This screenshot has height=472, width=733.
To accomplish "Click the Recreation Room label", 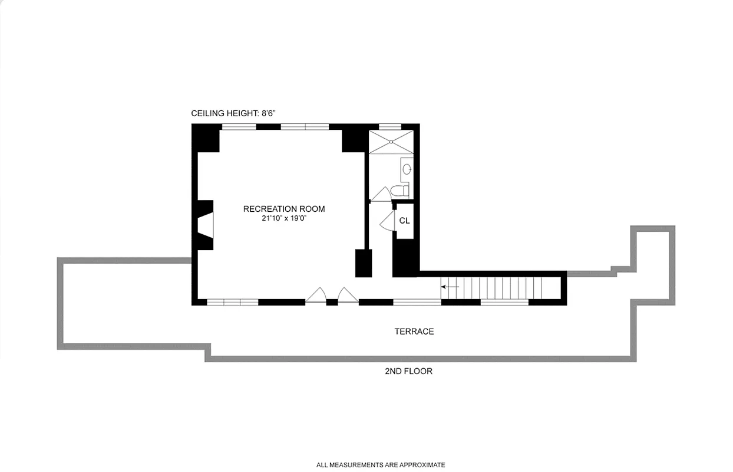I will coord(284,209).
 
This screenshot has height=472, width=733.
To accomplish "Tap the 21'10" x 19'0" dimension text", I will coord(284,218).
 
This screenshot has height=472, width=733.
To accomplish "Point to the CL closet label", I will coord(404,221).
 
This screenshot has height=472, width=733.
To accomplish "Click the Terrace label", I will coord(414,332).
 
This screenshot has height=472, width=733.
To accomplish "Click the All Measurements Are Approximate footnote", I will coord(381,465).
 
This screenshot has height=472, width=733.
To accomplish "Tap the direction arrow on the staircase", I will coord(450,287).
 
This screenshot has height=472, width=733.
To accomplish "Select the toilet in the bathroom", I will coord(400,191).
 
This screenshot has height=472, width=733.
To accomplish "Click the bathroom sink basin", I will coord(407,170).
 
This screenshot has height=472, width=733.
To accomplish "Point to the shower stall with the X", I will coord(391,142).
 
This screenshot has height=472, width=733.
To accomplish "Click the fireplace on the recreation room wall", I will coord(206,225).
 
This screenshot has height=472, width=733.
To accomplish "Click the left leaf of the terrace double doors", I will coord(317,295).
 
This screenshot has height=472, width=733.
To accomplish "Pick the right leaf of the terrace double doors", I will coord(347,295).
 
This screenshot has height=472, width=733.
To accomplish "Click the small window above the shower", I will coord(389,126).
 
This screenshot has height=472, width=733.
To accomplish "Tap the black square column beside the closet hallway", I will coord(364,263).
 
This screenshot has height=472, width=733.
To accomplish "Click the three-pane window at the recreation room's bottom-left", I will coord(233,302).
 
